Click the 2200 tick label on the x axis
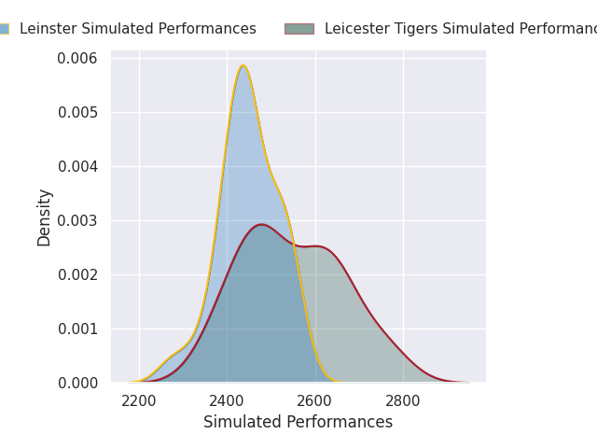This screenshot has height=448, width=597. click(x=139, y=401)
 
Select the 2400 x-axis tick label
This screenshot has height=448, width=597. click(x=227, y=401)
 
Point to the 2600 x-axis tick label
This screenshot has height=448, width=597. click(x=315, y=401)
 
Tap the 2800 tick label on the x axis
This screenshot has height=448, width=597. click(x=403, y=401)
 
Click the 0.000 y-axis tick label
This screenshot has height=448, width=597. click(x=78, y=383)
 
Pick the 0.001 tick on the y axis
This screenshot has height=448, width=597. click(x=78, y=329)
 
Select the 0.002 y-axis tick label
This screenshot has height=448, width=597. click(x=78, y=274)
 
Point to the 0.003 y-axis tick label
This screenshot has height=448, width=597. click(x=78, y=220)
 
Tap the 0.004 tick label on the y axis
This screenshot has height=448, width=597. click(x=78, y=167)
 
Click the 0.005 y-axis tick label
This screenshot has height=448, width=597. click(x=78, y=113)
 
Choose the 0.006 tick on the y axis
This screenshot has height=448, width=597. click(x=78, y=59)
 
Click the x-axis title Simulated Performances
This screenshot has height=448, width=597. click(x=298, y=423)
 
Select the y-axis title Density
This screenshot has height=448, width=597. click(x=44, y=217)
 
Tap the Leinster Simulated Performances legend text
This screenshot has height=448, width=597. click(x=137, y=29)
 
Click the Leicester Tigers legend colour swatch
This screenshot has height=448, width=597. click(x=299, y=29)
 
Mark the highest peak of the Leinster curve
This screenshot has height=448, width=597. click(x=243, y=65)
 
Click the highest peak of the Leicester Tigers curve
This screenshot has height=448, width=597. click(x=261, y=224)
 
